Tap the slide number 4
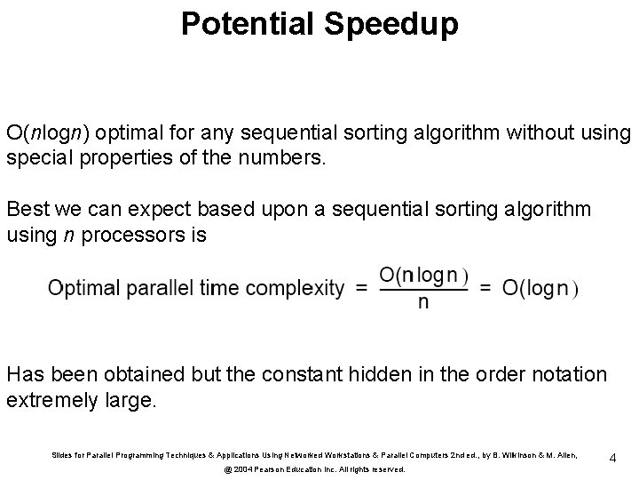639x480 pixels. click(612, 458)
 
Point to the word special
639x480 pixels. click(35, 159)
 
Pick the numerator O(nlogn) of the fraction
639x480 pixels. click(423, 275)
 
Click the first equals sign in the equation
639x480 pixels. click(361, 287)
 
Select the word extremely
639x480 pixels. click(50, 400)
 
